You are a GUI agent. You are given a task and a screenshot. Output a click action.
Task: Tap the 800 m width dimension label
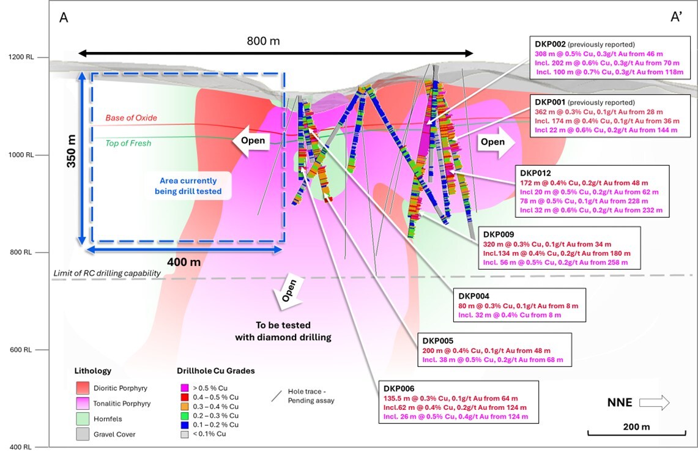click(263, 41)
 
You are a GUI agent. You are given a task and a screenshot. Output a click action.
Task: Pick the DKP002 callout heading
click(551, 45)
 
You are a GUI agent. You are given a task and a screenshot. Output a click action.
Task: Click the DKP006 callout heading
click(399, 388)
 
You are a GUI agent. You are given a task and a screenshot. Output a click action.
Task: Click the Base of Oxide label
click(131, 117)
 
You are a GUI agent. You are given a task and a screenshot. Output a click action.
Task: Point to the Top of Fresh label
click(128, 143)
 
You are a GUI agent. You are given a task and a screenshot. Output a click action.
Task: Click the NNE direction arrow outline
click(654, 403)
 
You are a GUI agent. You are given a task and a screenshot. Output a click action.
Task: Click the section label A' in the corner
click(677, 17)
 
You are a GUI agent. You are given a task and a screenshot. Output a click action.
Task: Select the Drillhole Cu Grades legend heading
click(215, 371)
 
